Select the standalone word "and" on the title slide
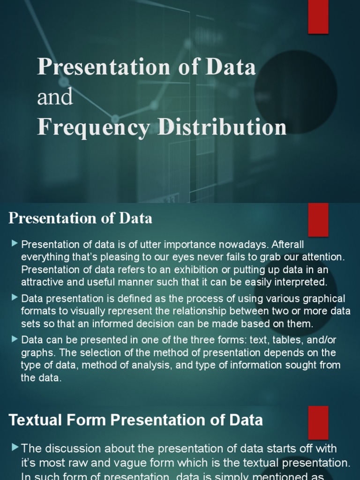(x=55, y=97)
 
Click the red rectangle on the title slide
(x=318, y=17)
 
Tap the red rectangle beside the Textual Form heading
(x=318, y=422)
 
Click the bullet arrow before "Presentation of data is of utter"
(x=15, y=243)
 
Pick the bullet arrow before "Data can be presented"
(x=15, y=338)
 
